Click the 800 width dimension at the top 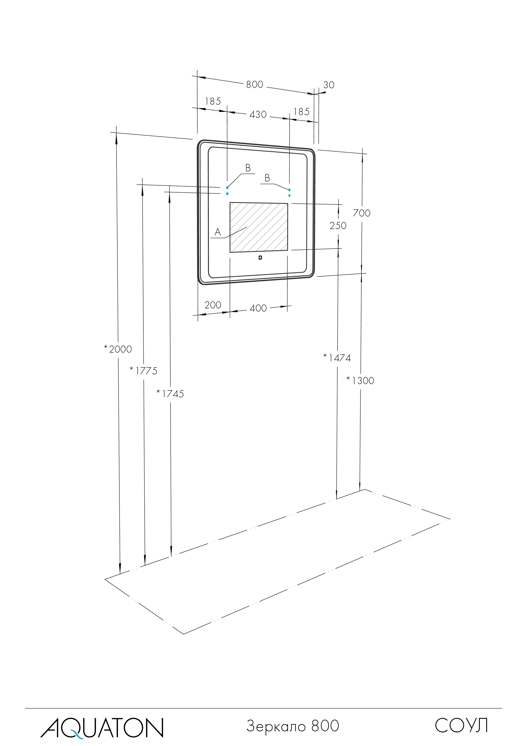255,84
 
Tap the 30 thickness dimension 329,85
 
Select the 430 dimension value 258,115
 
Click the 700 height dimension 361,213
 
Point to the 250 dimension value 338,226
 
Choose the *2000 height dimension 118,349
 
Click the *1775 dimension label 143,371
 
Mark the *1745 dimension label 170,394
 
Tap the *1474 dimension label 337,358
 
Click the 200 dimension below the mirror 213,305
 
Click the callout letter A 218,232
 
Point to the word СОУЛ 461,726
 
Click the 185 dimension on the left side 213,101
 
